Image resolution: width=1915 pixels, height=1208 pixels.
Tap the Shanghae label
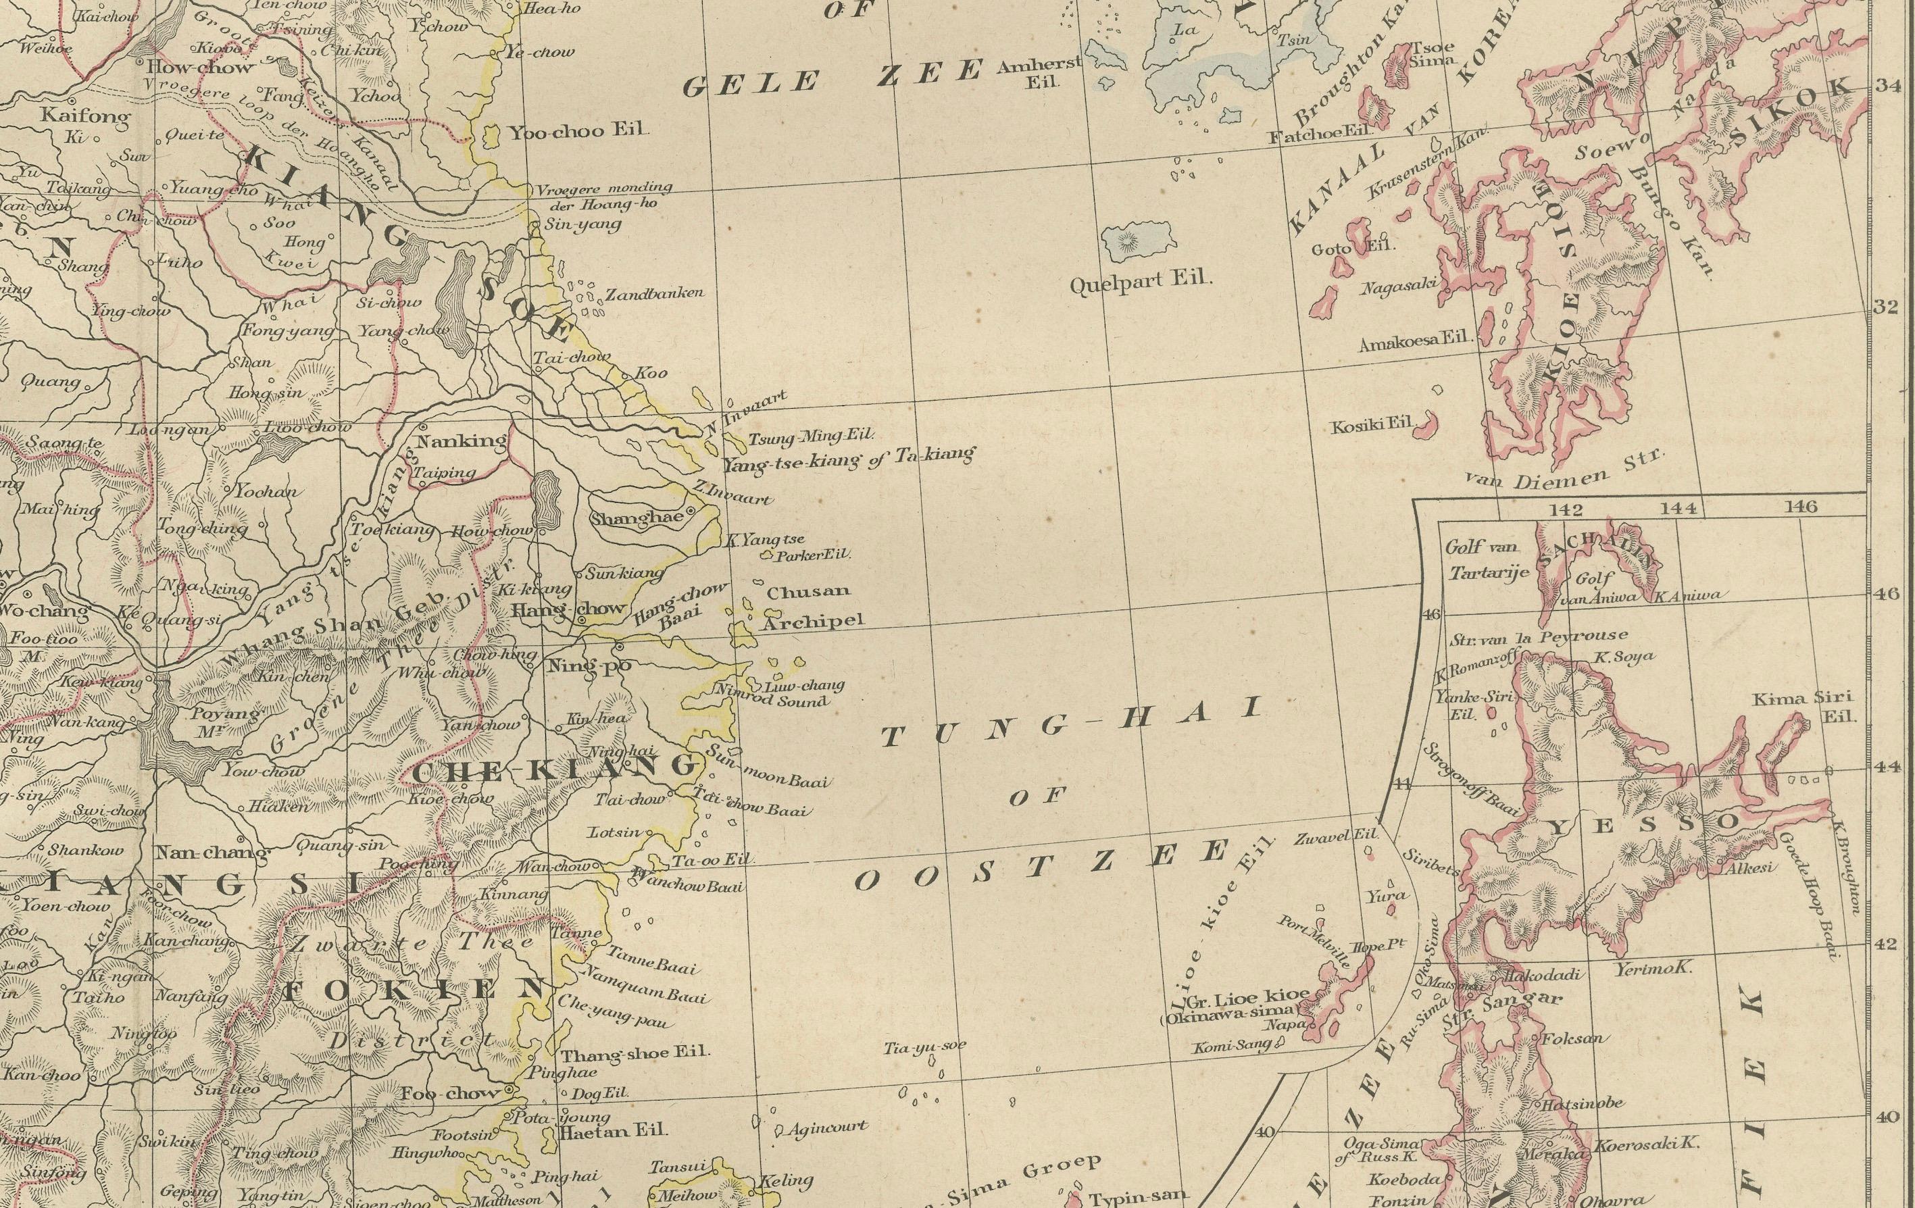click(x=637, y=518)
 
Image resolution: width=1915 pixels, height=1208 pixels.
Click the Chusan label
click(x=808, y=592)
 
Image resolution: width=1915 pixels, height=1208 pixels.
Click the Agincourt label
click(x=826, y=1126)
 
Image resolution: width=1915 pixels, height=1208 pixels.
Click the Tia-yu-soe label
click(x=924, y=1047)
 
